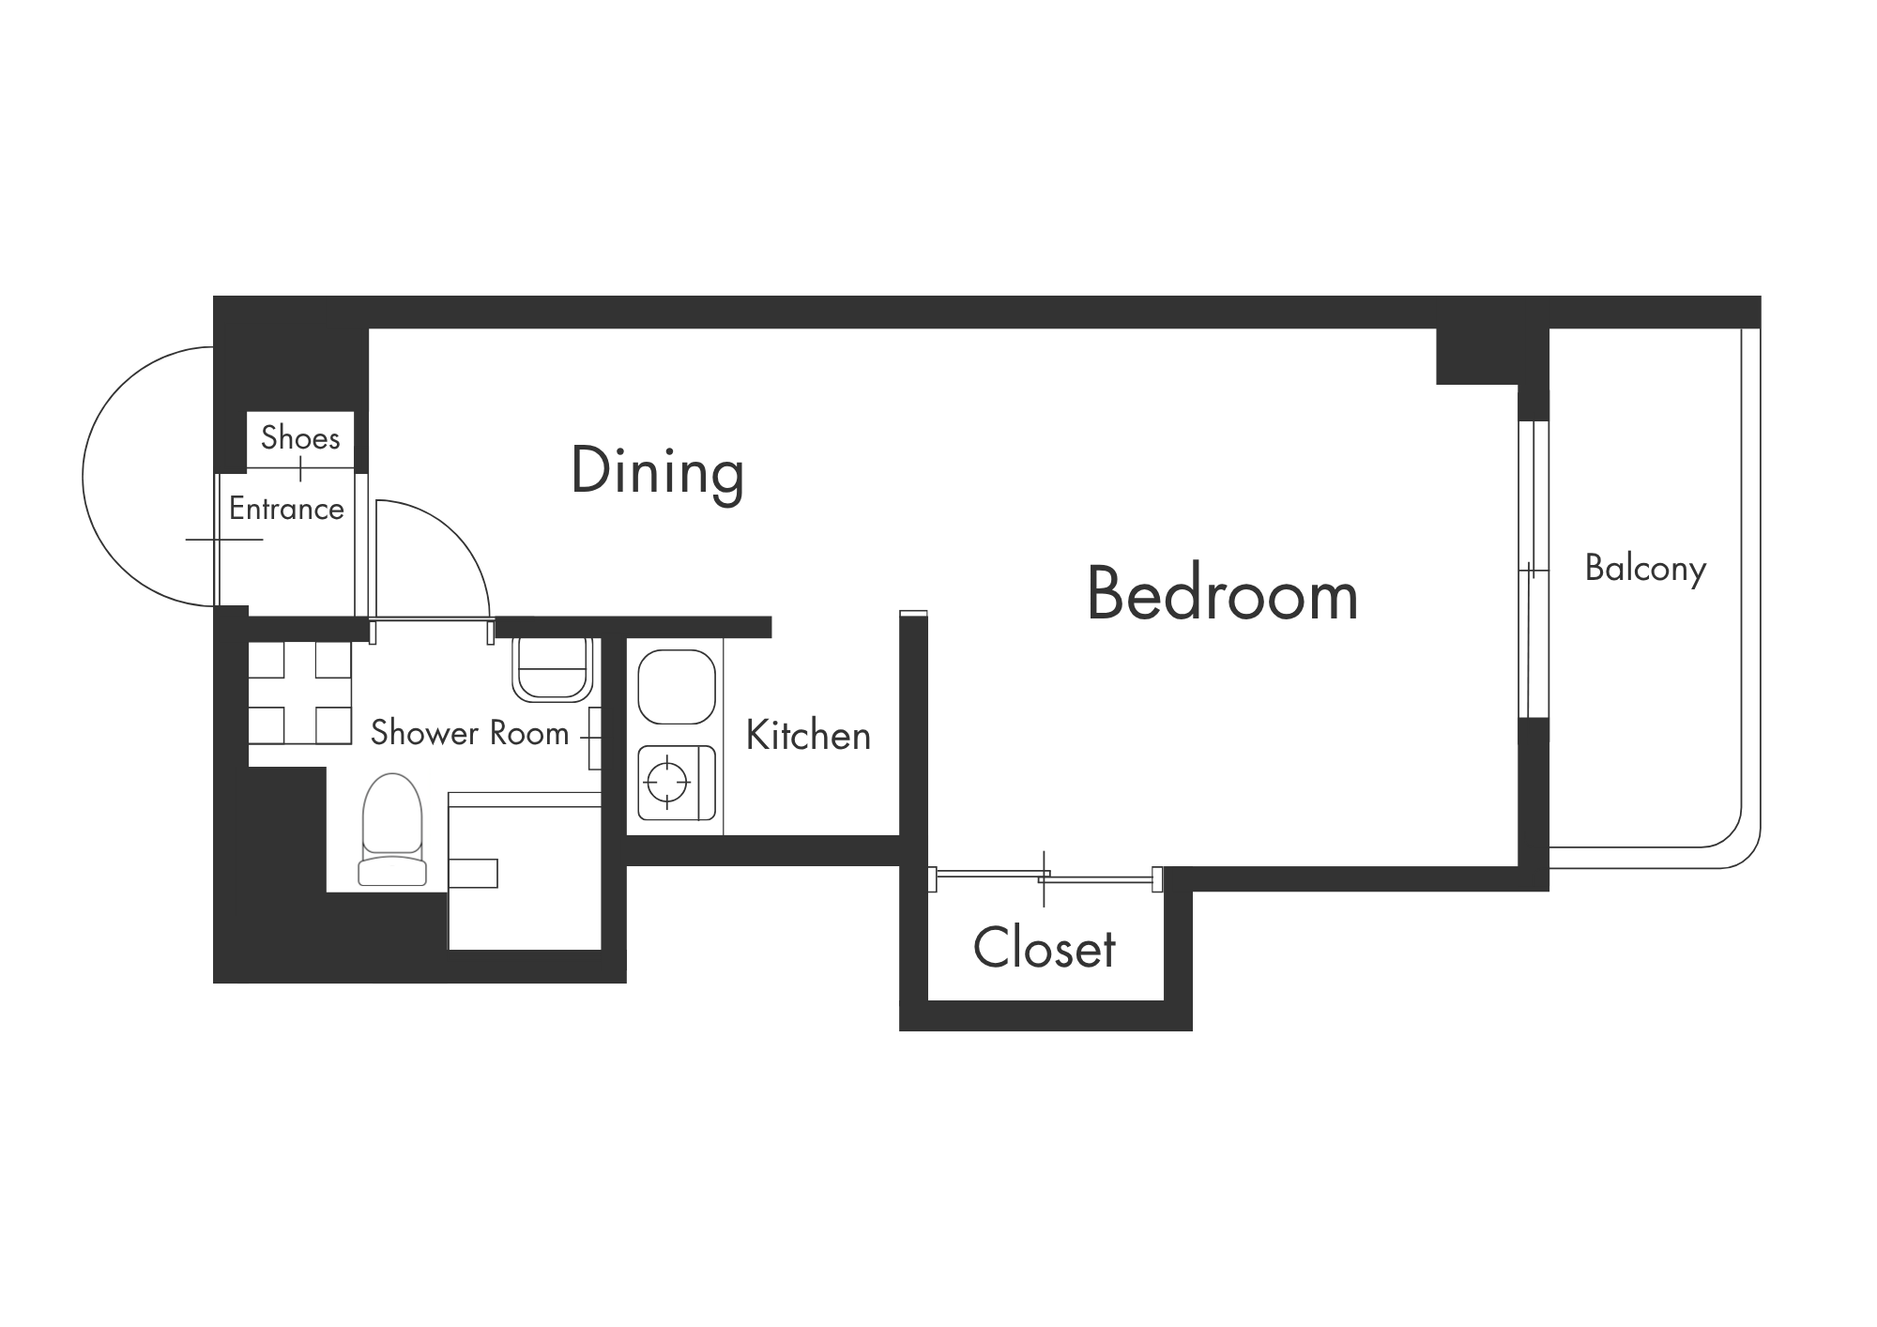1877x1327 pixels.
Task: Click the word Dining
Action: (x=657, y=472)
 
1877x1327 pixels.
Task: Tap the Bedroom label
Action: (x=1222, y=594)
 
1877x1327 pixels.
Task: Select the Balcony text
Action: (x=1645, y=569)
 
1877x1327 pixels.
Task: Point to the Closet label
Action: (x=1045, y=948)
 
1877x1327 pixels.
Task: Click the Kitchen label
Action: (x=808, y=736)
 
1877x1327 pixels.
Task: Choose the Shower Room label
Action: (x=469, y=733)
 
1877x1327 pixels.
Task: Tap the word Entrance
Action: (x=286, y=509)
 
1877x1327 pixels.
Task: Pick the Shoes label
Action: (x=300, y=437)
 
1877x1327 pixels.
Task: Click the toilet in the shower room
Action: (x=392, y=830)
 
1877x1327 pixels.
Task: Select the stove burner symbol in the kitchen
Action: (x=667, y=780)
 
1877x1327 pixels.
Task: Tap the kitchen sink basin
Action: (x=677, y=686)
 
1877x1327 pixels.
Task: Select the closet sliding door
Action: (x=1045, y=877)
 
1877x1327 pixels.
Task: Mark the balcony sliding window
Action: (x=1532, y=570)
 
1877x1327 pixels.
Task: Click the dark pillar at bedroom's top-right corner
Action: (x=1492, y=357)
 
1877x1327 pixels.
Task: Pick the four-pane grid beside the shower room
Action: (x=299, y=693)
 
